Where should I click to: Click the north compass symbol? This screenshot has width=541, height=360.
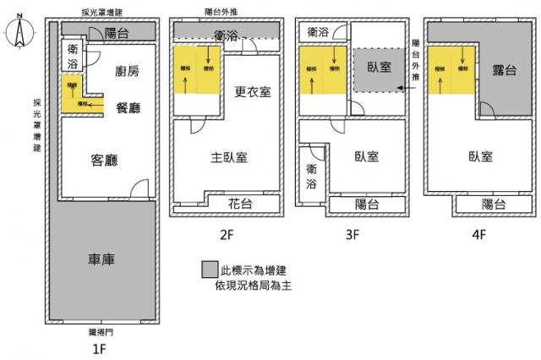pyautogui.click(x=19, y=35)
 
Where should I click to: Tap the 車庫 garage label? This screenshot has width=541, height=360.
pyautogui.click(x=101, y=259)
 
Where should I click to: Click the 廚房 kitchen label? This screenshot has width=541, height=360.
pyautogui.click(x=127, y=72)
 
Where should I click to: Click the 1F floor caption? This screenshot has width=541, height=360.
pyautogui.click(x=99, y=346)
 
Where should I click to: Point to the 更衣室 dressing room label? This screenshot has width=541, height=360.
pyautogui.click(x=253, y=91)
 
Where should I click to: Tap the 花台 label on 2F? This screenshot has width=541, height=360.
pyautogui.click(x=242, y=204)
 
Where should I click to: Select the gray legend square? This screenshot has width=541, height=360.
pyautogui.click(x=209, y=270)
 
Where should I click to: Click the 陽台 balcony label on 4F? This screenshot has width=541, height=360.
pyautogui.click(x=494, y=204)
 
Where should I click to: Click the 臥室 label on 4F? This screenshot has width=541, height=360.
pyautogui.click(x=480, y=156)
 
